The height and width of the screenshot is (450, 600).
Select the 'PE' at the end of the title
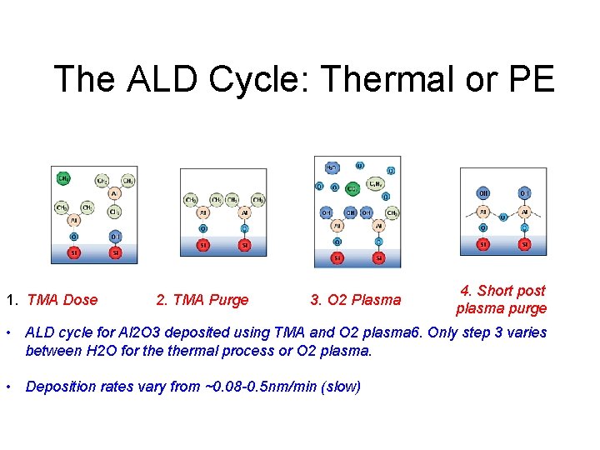click(x=528, y=80)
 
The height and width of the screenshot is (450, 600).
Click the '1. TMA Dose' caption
click(x=52, y=300)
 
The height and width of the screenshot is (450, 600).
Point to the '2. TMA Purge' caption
click(x=202, y=300)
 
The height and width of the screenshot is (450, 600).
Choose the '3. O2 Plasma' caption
click(x=356, y=300)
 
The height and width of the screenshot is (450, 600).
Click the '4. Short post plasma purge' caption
click(x=501, y=300)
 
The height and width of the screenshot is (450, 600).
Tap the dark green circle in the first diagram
click(x=63, y=178)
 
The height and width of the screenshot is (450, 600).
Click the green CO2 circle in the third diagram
click(x=352, y=189)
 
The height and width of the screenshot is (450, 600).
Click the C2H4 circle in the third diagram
click(x=377, y=187)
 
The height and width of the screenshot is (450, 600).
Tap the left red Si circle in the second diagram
click(x=202, y=245)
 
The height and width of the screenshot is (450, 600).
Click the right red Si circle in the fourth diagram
click(x=524, y=244)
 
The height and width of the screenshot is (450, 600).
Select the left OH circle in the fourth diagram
click(x=483, y=194)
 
